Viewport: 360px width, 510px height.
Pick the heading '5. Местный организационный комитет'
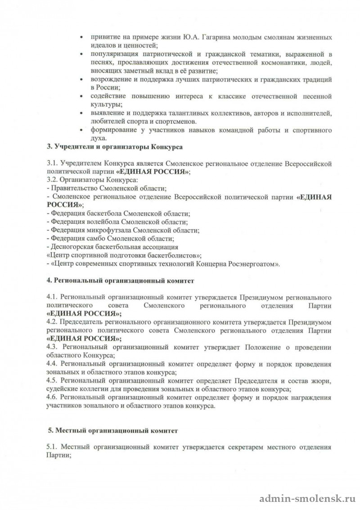[x=113, y=430]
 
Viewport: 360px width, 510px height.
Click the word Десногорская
[x=72, y=247]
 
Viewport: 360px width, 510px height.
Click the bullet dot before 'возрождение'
[x=81, y=79]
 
